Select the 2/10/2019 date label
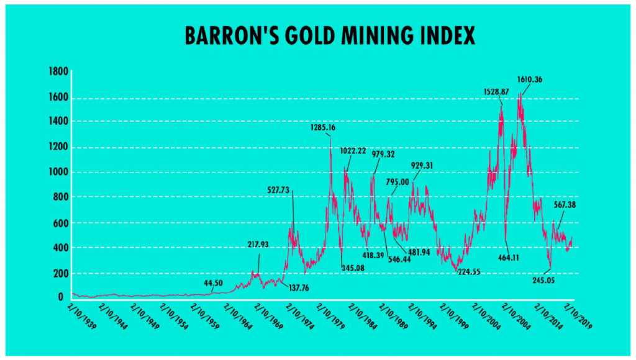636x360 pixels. pyautogui.click(x=577, y=316)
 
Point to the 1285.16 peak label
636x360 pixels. pyautogui.click(x=323, y=128)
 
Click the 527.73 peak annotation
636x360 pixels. pyautogui.click(x=280, y=190)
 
